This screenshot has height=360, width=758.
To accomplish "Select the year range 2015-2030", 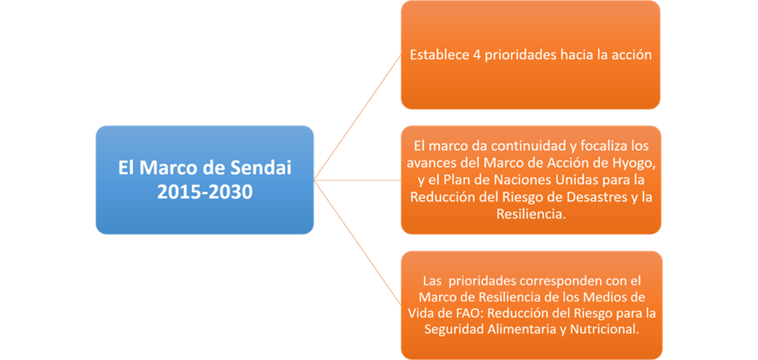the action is coord(204,191).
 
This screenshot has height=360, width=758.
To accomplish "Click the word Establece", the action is coord(438,55).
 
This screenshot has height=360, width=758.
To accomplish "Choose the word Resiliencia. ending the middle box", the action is coord(531,214).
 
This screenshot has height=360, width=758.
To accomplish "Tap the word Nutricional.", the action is coord(611,329).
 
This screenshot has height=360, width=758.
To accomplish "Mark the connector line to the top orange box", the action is coord(357,117).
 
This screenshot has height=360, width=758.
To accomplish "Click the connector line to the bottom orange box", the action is coord(357,243).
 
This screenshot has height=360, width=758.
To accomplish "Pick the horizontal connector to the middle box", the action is coord(357,180).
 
